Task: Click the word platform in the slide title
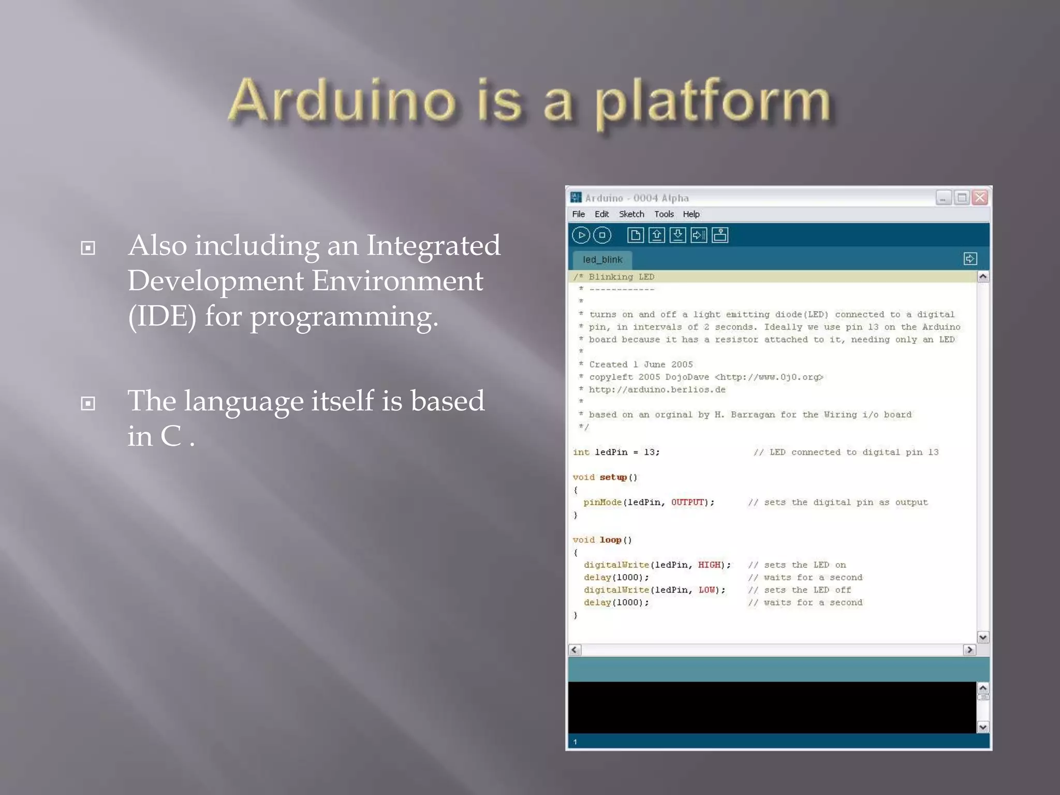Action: click(x=713, y=101)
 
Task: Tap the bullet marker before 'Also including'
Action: click(x=88, y=248)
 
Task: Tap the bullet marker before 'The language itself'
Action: click(x=88, y=403)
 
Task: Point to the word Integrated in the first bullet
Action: click(x=433, y=245)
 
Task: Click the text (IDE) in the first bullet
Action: click(x=162, y=316)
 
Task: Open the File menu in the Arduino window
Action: click(x=578, y=214)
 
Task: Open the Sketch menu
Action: click(x=631, y=214)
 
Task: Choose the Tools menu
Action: click(x=664, y=214)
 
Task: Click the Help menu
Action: click(x=691, y=214)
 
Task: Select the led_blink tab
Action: click(x=602, y=260)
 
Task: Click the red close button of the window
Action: click(x=980, y=198)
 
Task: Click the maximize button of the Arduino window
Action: click(x=962, y=198)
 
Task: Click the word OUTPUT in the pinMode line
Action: click(x=688, y=503)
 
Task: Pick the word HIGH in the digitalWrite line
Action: click(x=709, y=565)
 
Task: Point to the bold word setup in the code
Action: click(x=613, y=477)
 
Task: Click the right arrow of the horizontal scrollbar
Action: click(x=969, y=650)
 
